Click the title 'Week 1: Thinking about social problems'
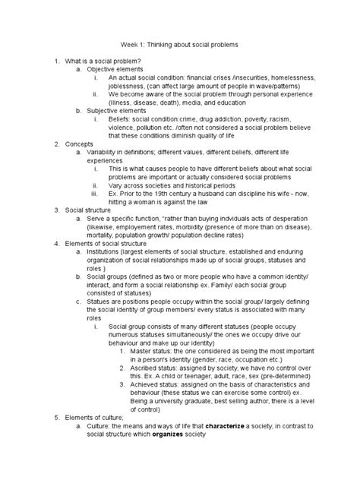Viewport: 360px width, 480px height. coord(180,46)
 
